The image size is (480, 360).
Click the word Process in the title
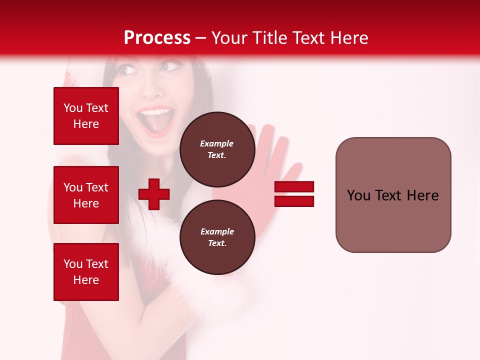point(157,38)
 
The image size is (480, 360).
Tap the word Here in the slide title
point(348,38)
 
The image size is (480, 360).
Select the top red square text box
point(86,116)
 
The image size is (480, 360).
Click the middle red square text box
point(86,195)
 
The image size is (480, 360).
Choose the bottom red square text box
point(86,272)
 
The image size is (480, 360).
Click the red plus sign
point(154,194)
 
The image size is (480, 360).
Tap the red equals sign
point(294,194)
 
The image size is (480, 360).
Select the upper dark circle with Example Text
point(217,149)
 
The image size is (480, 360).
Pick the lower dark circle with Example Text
point(217,237)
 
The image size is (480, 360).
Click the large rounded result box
point(393,195)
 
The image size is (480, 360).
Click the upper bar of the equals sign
point(294,187)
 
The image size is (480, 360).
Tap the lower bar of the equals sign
point(294,201)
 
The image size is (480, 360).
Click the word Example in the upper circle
point(217,143)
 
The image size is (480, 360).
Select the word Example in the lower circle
point(217,231)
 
